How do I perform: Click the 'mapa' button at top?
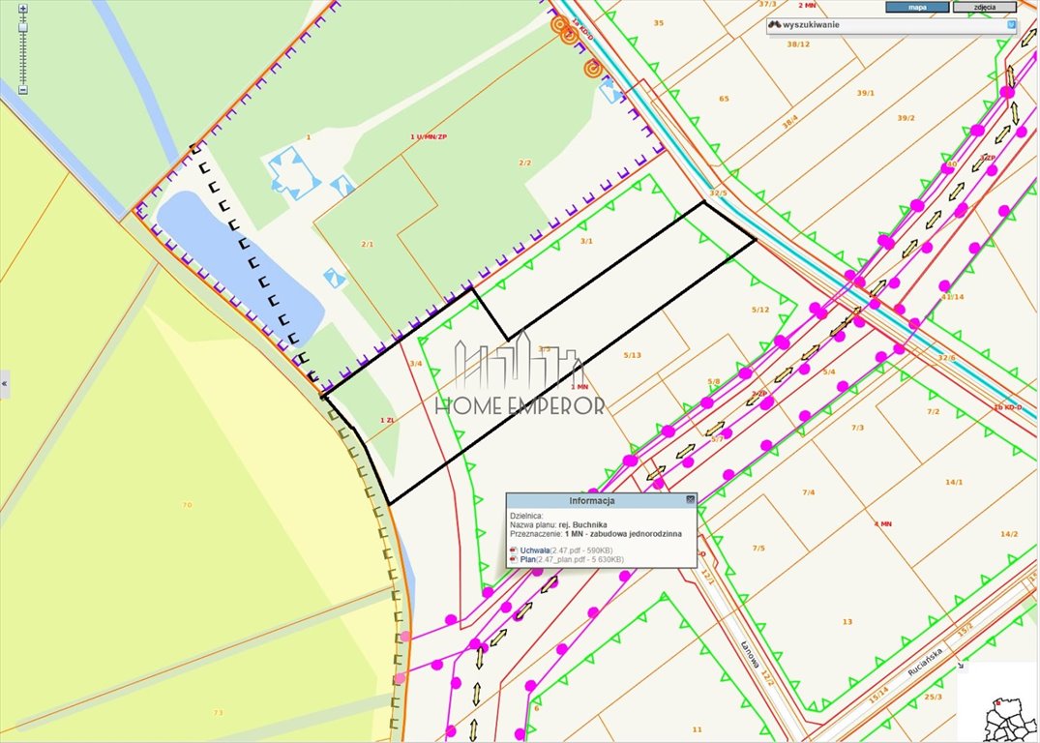(x=917, y=7)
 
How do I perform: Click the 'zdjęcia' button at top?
(x=984, y=7)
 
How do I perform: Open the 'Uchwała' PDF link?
(x=534, y=550)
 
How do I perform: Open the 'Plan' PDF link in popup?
(x=527, y=559)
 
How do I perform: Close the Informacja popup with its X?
(x=690, y=499)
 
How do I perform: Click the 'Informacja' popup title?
(x=591, y=500)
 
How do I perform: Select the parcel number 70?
(x=187, y=504)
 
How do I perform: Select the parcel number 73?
(x=218, y=712)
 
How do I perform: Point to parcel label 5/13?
(x=632, y=355)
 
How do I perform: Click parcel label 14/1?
(x=954, y=481)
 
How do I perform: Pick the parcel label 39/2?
(x=906, y=118)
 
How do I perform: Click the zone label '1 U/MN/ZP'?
(x=429, y=137)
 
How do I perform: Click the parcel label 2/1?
(x=367, y=244)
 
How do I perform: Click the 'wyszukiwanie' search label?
(x=811, y=24)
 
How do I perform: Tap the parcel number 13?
(x=847, y=621)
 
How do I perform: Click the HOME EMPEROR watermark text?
(x=520, y=405)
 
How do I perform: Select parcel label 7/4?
(x=808, y=491)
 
